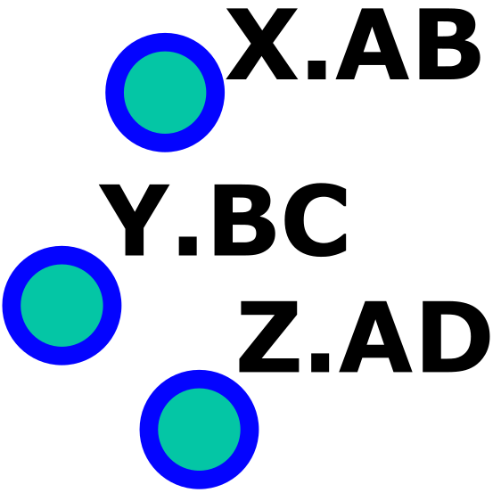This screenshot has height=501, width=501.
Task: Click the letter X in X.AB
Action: [262, 44]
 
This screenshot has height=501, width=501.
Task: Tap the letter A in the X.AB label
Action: [373, 44]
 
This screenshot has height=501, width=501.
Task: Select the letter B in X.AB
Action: [449, 44]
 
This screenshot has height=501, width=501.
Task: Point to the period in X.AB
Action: [316, 70]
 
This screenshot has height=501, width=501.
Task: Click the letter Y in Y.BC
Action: [135, 220]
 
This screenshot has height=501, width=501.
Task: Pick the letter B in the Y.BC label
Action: [245, 220]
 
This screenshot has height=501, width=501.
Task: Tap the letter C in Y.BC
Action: [316, 220]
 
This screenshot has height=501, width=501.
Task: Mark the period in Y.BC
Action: [188, 246]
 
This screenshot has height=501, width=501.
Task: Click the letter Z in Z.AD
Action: [269, 336]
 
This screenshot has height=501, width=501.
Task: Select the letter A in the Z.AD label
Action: [376, 336]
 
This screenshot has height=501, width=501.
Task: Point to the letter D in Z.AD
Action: [456, 336]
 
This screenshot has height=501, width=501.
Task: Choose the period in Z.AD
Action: [320, 363]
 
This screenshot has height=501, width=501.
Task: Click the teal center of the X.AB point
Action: [165, 93]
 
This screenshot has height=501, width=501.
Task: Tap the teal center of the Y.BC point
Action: [62, 306]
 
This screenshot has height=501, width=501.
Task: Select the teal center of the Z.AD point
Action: [199, 430]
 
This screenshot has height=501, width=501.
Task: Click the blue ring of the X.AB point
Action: [115, 93]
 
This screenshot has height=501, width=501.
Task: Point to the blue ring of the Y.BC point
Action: [12, 306]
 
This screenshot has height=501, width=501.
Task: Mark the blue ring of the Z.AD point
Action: [149, 430]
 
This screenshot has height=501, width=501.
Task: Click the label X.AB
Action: [353, 44]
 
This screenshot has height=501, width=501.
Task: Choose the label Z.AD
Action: [365, 336]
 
